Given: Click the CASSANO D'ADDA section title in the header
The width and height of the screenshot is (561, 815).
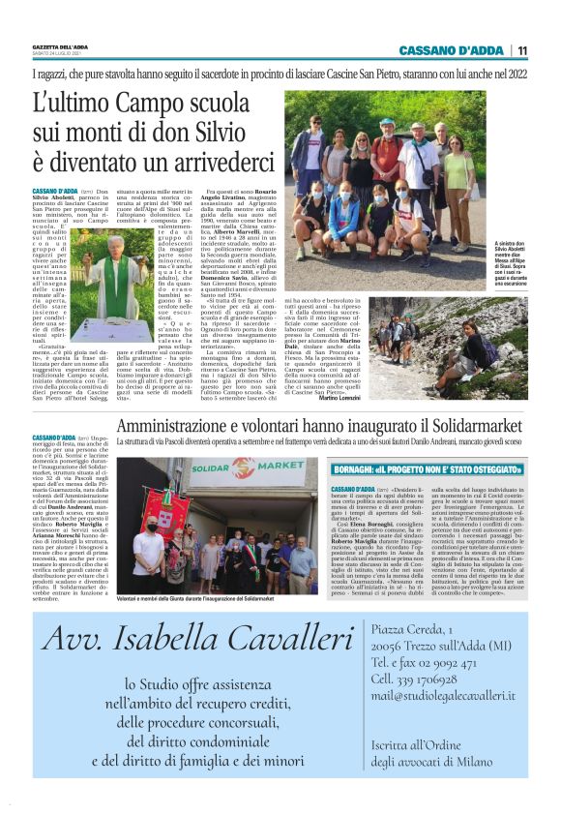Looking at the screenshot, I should (x=454, y=50).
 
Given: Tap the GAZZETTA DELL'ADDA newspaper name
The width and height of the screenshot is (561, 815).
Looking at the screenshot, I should (x=61, y=46).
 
